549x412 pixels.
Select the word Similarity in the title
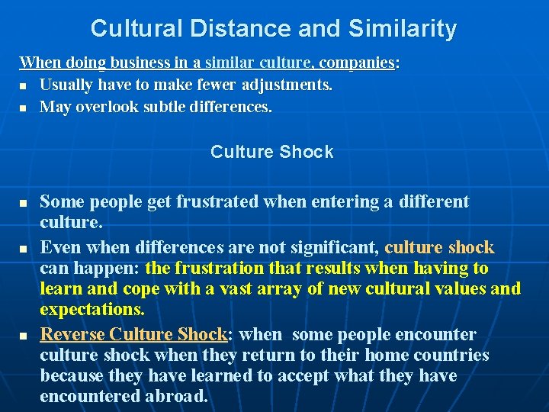click(x=403, y=29)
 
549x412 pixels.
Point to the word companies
click(x=356, y=63)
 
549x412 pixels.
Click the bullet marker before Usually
click(x=24, y=86)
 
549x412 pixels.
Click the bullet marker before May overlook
click(x=24, y=108)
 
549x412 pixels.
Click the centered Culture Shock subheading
click(x=272, y=152)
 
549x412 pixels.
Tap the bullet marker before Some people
click(x=24, y=204)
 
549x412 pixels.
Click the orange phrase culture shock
click(x=440, y=247)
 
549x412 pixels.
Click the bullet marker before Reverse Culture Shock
click(x=24, y=336)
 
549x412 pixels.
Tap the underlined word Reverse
click(x=72, y=334)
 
